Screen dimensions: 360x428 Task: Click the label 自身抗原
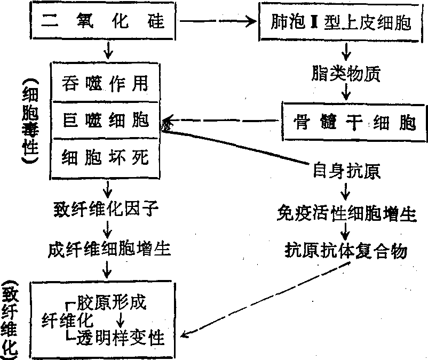[x=346, y=171]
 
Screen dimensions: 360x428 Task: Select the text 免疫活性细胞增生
[x=346, y=214]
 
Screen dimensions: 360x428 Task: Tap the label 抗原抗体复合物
[x=346, y=250]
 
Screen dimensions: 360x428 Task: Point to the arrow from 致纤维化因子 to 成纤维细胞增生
[x=108, y=228]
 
